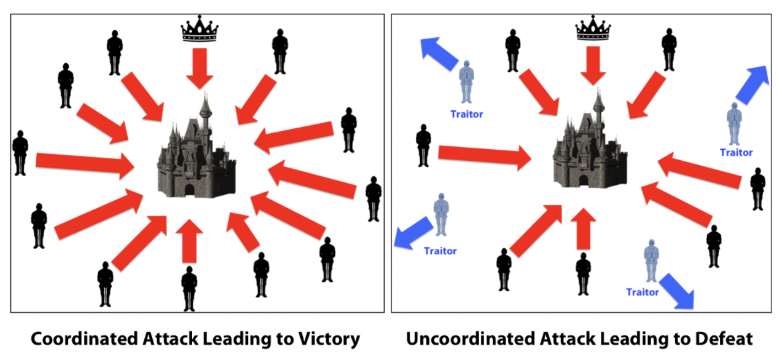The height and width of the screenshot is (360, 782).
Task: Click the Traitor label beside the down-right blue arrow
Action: tap(642, 292)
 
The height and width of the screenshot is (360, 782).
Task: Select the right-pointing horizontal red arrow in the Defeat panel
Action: tap(485, 156)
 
